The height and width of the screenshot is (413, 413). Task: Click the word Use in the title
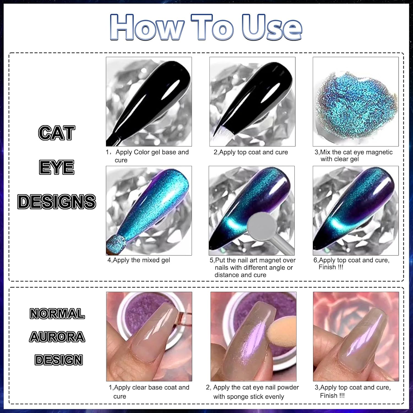tap(271, 27)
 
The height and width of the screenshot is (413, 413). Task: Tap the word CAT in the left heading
tap(57, 133)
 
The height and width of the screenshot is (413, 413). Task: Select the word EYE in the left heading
tap(57, 167)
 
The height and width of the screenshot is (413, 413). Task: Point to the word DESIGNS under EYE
tap(57, 202)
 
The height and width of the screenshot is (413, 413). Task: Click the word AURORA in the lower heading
tap(57, 337)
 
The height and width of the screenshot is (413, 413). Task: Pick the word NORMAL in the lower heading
tap(57, 314)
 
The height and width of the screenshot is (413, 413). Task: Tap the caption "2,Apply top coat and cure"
tap(251, 152)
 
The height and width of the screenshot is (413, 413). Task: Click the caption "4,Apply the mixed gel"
tap(139, 260)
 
